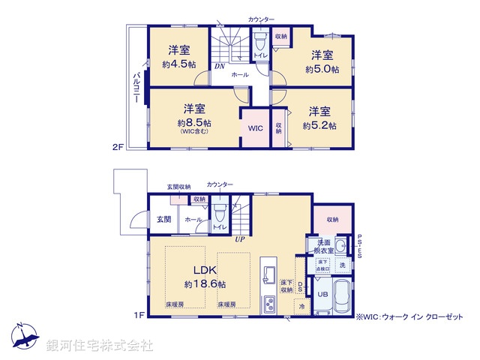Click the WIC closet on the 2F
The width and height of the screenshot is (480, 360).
tap(255, 128)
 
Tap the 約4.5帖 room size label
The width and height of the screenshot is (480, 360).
tap(178, 64)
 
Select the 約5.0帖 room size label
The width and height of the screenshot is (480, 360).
tap(322, 69)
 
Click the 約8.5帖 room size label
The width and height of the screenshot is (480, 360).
tap(193, 122)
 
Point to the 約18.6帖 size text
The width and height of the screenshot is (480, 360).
tap(205, 284)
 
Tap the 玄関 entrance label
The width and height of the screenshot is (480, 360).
tap(163, 219)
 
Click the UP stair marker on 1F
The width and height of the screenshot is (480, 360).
tap(239, 239)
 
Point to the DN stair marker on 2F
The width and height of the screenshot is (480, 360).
tap(218, 66)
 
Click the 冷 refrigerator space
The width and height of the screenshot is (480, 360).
tap(301, 307)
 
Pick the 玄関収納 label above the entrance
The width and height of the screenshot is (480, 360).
tap(178, 187)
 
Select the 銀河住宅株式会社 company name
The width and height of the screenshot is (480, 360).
tap(99, 346)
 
